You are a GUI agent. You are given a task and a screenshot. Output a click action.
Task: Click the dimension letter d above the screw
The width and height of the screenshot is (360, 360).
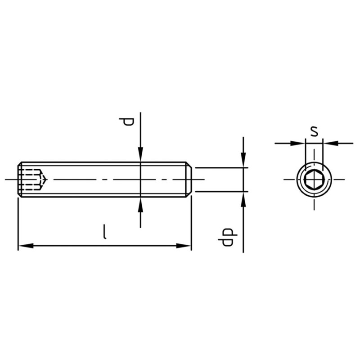tap(126, 121)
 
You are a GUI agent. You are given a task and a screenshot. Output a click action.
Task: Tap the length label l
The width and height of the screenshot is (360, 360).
tap(104, 232)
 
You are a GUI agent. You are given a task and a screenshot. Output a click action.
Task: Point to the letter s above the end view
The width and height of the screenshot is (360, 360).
tap(314, 131)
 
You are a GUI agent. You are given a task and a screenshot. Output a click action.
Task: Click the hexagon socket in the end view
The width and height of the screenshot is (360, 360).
tap(314, 179)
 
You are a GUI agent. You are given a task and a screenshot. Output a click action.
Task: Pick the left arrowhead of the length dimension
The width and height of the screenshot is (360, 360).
tap(26, 246)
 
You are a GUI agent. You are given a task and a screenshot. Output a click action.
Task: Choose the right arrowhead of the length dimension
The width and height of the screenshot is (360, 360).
tap(184, 246)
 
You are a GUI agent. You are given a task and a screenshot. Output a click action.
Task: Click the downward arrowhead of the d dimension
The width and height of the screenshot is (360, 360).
tap(140, 154)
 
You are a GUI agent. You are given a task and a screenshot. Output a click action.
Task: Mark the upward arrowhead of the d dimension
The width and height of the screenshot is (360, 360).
tap(140, 204)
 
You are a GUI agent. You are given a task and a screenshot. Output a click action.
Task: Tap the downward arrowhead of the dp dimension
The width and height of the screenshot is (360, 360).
tap(243, 160)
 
